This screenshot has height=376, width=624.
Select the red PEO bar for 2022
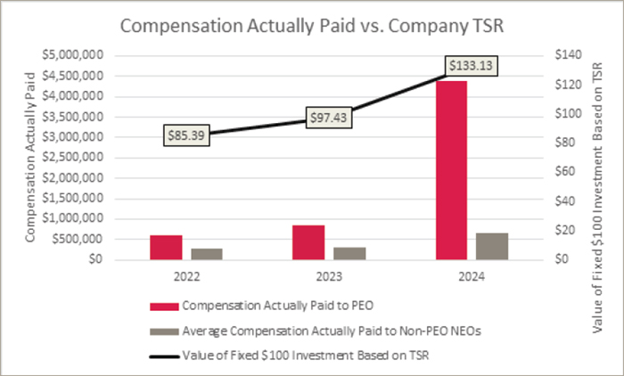tap(166, 248)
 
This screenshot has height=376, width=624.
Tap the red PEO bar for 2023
tap(309, 242)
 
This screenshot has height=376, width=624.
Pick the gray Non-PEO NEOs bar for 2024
tap(491, 246)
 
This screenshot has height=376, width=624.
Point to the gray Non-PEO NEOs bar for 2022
tap(206, 254)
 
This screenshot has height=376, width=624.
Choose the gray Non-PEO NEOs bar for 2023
tap(349, 253)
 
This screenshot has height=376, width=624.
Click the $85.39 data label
tap(186, 135)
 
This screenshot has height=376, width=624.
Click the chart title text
tap(311, 26)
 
